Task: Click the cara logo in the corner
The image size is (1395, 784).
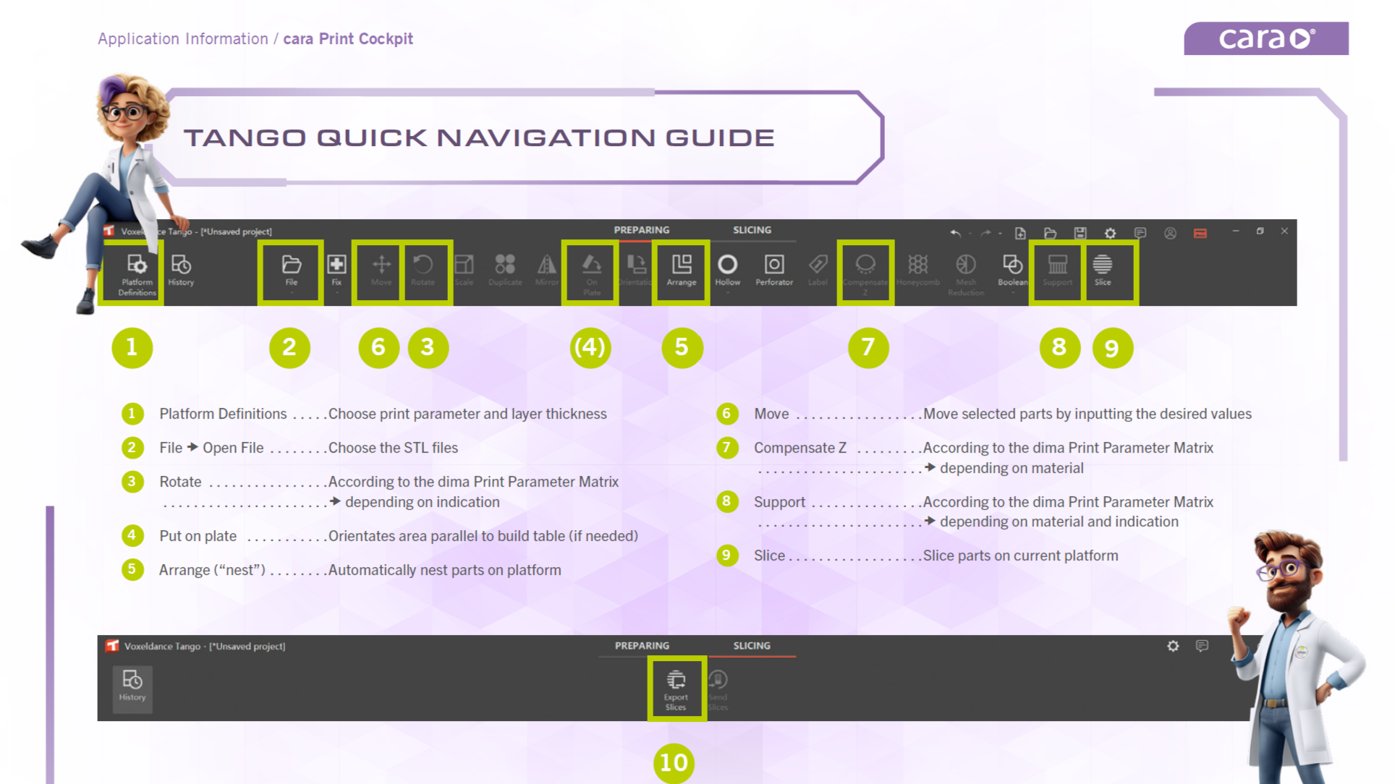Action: click(x=1265, y=38)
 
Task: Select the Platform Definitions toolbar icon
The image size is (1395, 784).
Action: click(x=136, y=272)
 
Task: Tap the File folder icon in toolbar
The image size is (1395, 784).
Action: click(x=291, y=269)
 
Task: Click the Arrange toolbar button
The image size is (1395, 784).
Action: click(x=681, y=269)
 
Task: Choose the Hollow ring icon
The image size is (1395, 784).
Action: click(x=727, y=269)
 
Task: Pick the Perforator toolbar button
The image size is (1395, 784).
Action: click(x=773, y=269)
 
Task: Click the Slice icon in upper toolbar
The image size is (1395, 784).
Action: click(x=1102, y=269)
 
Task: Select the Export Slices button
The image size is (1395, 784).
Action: click(x=676, y=689)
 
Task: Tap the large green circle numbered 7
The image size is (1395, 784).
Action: click(x=868, y=348)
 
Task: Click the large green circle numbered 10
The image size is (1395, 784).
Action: click(x=674, y=762)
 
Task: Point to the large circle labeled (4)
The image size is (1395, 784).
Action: click(x=590, y=348)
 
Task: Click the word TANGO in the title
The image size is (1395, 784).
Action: click(x=245, y=137)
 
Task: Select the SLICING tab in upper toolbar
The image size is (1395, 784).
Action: click(x=752, y=230)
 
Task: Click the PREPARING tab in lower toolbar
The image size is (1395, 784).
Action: click(x=642, y=646)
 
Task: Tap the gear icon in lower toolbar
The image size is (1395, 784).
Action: click(x=1173, y=646)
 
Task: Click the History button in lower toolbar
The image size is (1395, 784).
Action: click(x=132, y=687)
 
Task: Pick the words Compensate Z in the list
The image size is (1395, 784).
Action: click(x=800, y=448)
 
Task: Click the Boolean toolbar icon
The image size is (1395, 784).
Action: click(x=1012, y=269)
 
